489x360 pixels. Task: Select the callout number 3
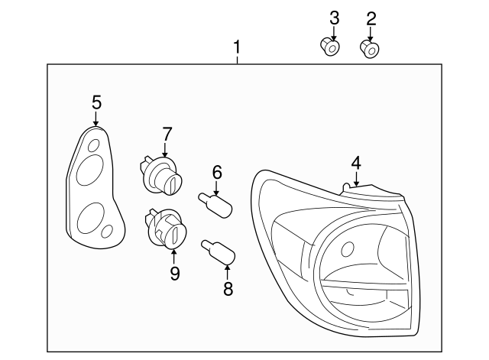coord(334,18)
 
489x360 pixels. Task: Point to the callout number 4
coord(355,163)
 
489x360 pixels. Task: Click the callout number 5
coord(96,102)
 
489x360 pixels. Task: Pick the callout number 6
coord(216,173)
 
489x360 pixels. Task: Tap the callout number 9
coord(174,272)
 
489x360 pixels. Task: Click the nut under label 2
coord(370,50)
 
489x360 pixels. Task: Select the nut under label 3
coord(329,48)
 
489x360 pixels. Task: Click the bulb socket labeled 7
coord(163,175)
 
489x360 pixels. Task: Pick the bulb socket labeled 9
coord(164,227)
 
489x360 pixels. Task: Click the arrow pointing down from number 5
coord(96,118)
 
